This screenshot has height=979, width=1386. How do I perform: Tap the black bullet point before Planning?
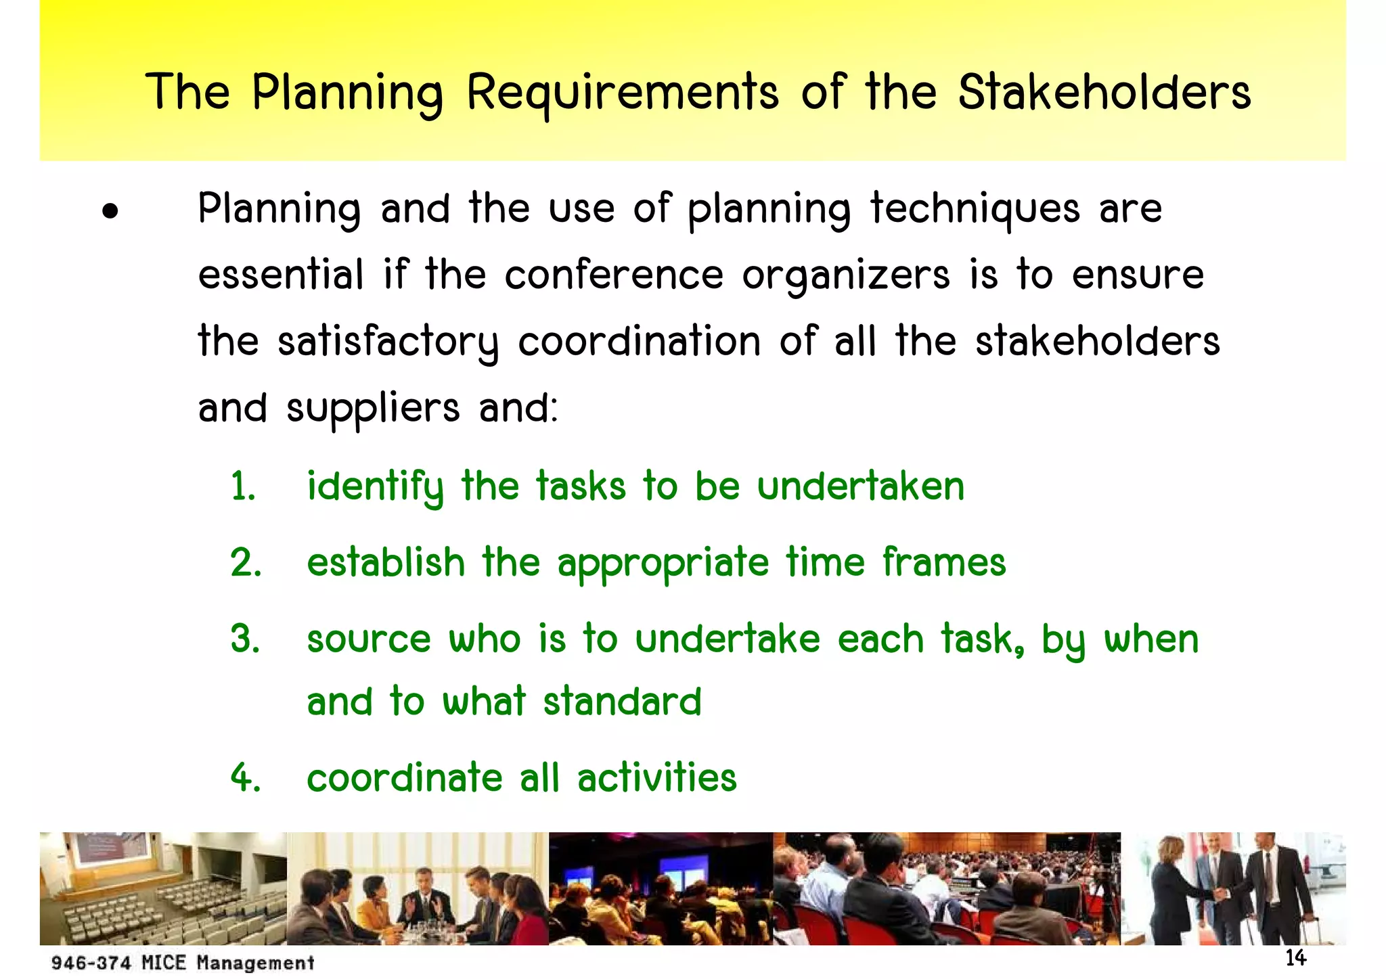pyautogui.click(x=110, y=212)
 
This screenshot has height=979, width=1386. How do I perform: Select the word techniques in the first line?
pyautogui.click(x=975, y=210)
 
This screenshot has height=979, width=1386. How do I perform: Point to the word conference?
pyautogui.click(x=614, y=275)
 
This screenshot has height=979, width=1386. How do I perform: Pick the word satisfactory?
pyautogui.click(x=388, y=342)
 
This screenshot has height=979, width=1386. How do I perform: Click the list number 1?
pyautogui.click(x=242, y=487)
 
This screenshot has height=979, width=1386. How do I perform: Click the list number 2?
pyautogui.click(x=245, y=563)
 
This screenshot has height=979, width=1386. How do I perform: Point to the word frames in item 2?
pyautogui.click(x=944, y=563)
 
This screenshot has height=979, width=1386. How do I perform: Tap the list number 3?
pyautogui.click(x=245, y=639)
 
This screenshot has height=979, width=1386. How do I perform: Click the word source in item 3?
pyautogui.click(x=369, y=640)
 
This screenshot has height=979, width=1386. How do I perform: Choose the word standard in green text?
pyautogui.click(x=622, y=702)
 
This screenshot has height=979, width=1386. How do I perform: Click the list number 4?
pyautogui.click(x=245, y=778)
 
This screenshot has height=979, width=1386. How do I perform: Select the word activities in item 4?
pyautogui.click(x=656, y=778)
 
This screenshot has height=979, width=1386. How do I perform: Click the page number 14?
pyautogui.click(x=1295, y=958)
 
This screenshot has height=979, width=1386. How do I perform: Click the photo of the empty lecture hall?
pyautogui.click(x=163, y=888)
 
